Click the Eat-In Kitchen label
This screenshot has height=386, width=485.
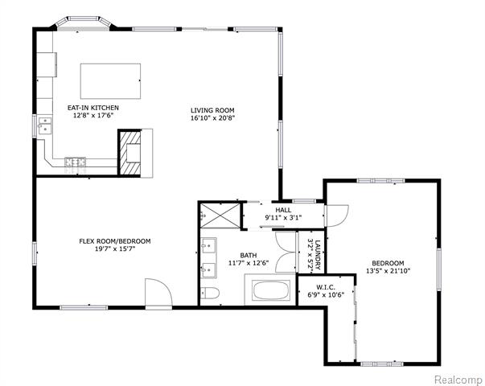click(93, 107)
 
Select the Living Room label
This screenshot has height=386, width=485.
click(212, 110)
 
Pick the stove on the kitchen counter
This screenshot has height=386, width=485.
click(76, 162)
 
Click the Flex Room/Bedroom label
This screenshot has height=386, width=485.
click(114, 241)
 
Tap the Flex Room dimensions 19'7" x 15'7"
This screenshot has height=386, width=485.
click(114, 249)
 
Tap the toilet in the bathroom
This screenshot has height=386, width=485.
click(210, 292)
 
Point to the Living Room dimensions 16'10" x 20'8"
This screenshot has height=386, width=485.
click(212, 118)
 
